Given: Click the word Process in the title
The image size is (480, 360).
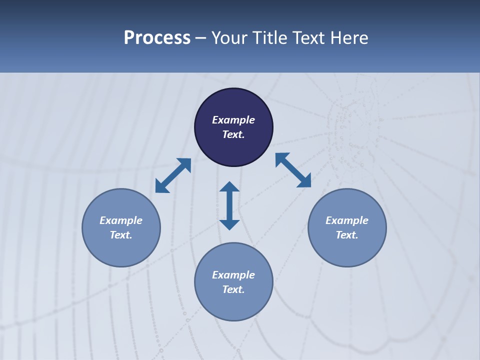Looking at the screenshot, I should [x=157, y=38].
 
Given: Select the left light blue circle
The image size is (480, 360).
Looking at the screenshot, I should [x=121, y=250].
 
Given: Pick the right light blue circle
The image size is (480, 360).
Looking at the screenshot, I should [x=347, y=250].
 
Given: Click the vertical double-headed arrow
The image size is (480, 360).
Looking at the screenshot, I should [x=229, y=205].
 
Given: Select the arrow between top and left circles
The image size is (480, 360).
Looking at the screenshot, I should [x=173, y=175].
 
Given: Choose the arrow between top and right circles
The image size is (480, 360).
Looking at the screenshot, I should [x=293, y=170].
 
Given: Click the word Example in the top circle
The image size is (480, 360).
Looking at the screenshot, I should [x=233, y=120].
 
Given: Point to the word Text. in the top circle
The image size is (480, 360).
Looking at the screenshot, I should [x=233, y=134].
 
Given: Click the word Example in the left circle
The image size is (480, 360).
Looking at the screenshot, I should [x=121, y=220].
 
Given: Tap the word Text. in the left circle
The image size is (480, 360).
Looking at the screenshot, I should [x=121, y=235].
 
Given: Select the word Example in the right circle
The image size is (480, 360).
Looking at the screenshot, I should [x=347, y=220].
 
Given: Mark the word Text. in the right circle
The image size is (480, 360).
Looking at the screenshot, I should [x=347, y=235].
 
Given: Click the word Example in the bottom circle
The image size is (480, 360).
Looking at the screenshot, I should [x=233, y=275].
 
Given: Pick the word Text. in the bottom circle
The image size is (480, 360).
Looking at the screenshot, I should [x=233, y=289].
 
